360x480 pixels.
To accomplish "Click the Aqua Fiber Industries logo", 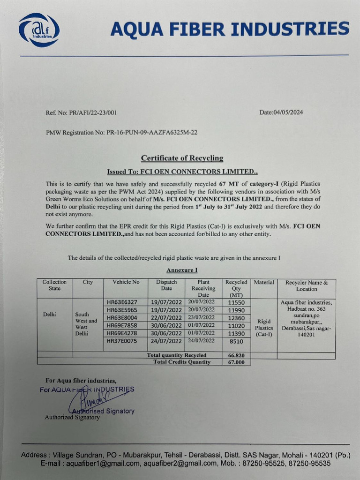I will [x=39, y=30].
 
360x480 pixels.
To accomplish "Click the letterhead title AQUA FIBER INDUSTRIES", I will [x=229, y=29].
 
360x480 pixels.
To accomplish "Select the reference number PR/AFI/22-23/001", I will [x=87, y=112].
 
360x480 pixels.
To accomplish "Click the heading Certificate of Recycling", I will [x=182, y=158].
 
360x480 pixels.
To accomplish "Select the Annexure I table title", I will [x=182, y=270].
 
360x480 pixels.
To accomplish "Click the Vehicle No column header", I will [x=126, y=282].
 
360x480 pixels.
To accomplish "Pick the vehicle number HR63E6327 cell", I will [x=122, y=302].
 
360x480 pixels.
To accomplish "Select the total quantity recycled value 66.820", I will [x=236, y=355].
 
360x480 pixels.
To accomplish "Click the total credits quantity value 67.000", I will [x=236, y=362].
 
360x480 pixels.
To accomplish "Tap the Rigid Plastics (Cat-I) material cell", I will [x=264, y=328].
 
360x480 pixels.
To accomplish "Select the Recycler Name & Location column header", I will [x=306, y=285].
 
